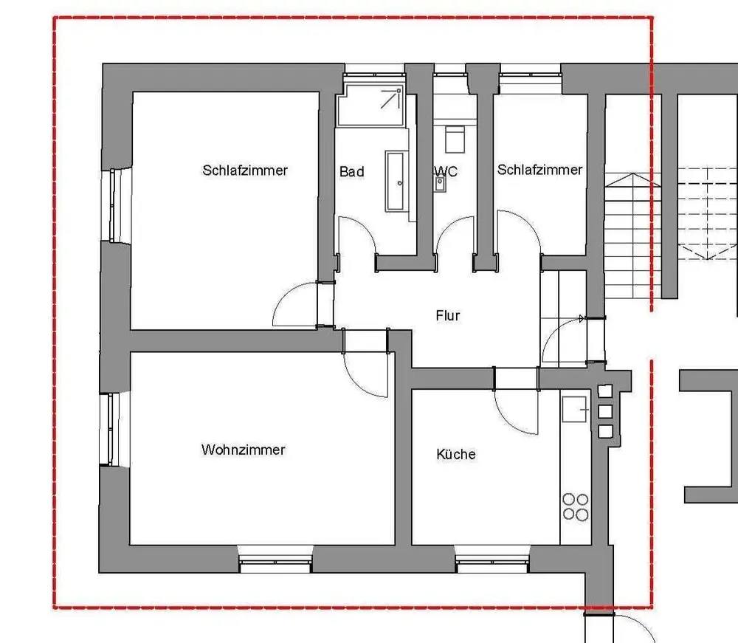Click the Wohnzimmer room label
click(x=243, y=450)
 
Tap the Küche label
click(x=456, y=454)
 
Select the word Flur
click(x=448, y=315)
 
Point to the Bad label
click(x=352, y=171)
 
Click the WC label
click(x=446, y=171)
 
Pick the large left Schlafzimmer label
click(x=245, y=170)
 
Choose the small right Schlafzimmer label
click(x=539, y=170)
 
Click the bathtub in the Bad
click(x=396, y=181)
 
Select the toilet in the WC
click(x=455, y=138)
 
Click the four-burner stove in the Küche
click(x=576, y=506)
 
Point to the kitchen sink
click(x=574, y=408)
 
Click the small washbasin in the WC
click(x=440, y=182)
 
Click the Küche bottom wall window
click(x=493, y=565)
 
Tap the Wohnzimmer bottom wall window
click(x=275, y=565)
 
